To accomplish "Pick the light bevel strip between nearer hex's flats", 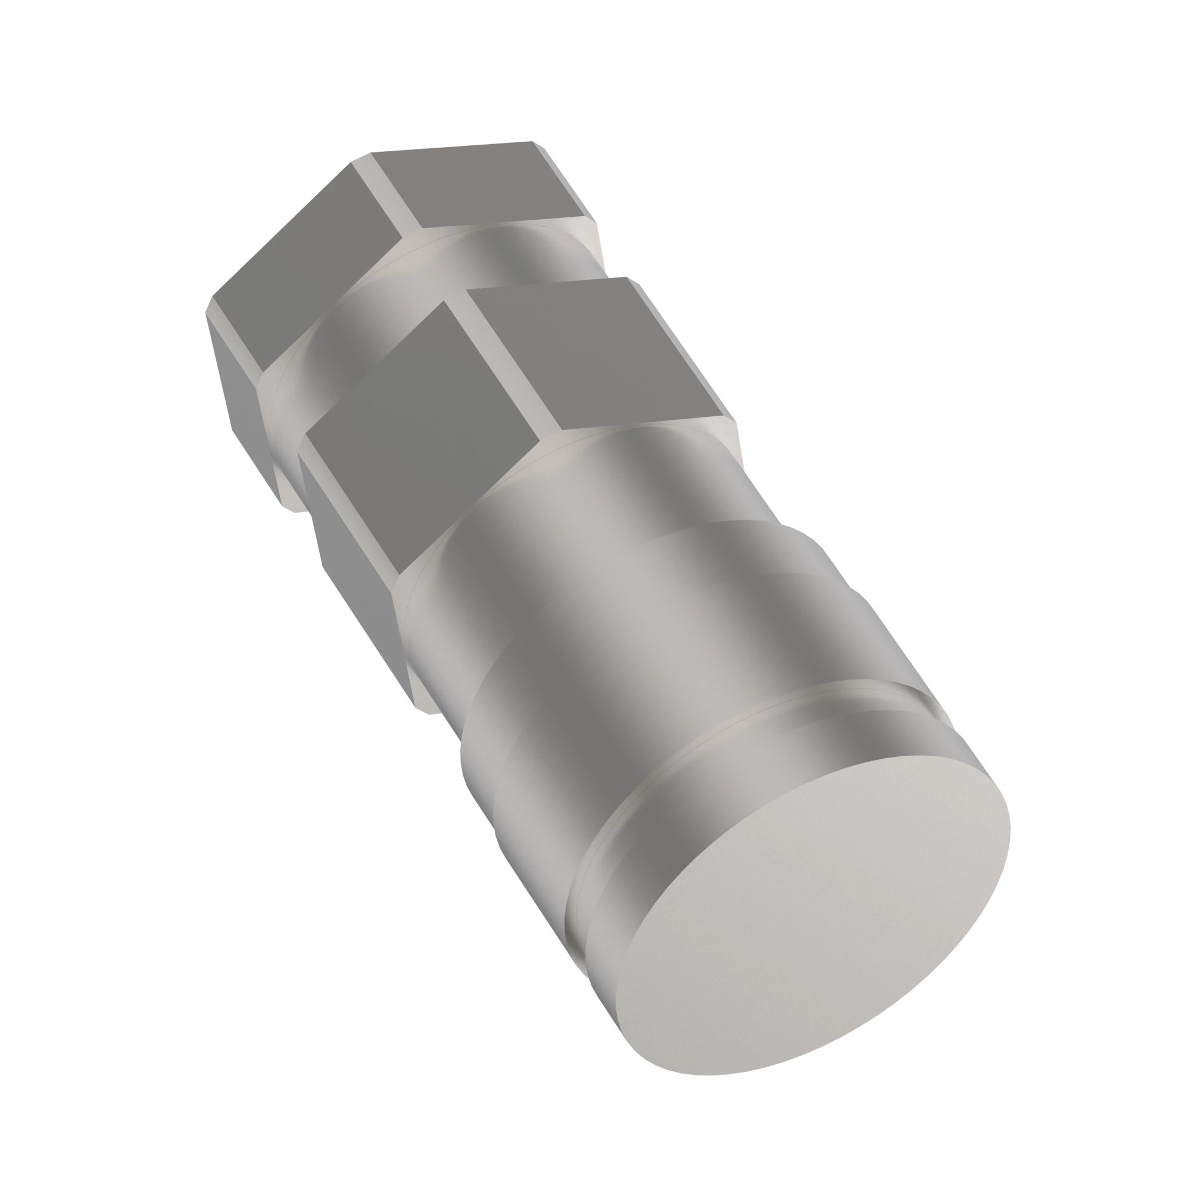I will click(506, 364).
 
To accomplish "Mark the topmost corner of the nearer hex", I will click(627, 278).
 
